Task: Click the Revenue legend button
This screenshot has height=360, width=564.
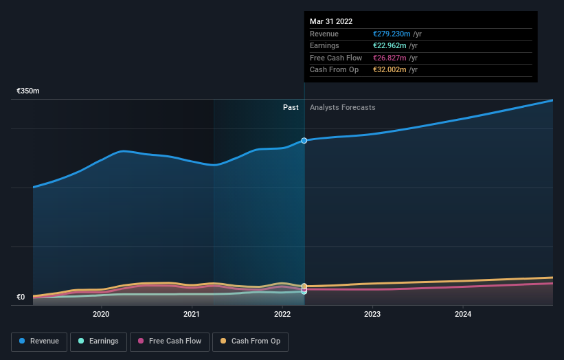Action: click(x=39, y=341)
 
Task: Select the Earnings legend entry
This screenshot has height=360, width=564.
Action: click(x=98, y=341)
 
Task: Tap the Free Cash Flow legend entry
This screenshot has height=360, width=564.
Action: click(x=169, y=341)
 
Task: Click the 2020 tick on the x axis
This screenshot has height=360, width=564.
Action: click(x=101, y=315)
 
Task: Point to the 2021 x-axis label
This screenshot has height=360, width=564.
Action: click(x=192, y=315)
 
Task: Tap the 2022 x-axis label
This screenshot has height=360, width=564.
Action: click(x=282, y=315)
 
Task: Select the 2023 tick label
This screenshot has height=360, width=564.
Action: click(x=372, y=315)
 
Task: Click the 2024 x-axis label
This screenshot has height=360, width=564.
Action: click(x=463, y=315)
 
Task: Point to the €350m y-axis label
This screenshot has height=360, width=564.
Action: click(x=28, y=91)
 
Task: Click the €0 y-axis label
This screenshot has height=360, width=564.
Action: click(x=21, y=297)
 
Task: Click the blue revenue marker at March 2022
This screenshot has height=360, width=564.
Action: click(x=304, y=140)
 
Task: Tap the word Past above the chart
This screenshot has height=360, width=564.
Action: click(x=291, y=107)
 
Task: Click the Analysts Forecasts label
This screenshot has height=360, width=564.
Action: click(x=342, y=107)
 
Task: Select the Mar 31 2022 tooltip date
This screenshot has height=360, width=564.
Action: click(x=331, y=21)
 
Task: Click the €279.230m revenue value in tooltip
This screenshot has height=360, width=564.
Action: click(x=387, y=34)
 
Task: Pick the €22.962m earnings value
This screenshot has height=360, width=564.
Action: click(x=385, y=45)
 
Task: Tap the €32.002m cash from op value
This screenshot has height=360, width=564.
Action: click(x=385, y=69)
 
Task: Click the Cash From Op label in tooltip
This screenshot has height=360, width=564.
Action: click(x=333, y=69)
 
